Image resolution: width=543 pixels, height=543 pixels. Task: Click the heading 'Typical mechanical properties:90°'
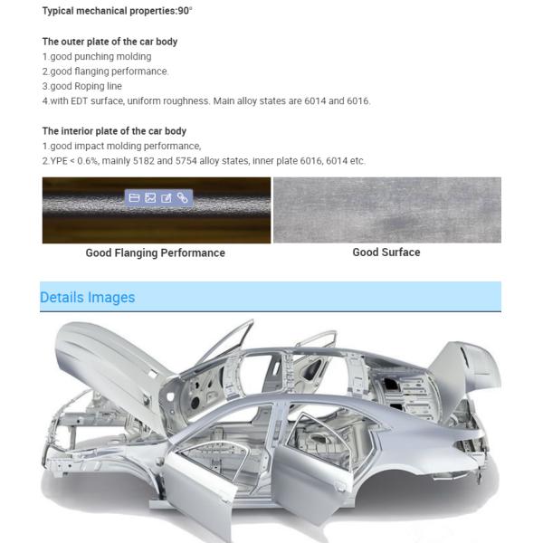(x=117, y=11)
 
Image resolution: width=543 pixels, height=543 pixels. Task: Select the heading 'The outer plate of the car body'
(x=110, y=42)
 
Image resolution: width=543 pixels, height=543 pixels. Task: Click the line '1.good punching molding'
(x=97, y=56)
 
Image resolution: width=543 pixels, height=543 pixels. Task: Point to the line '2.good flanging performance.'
(x=105, y=71)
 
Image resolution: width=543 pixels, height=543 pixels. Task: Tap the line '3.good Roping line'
(x=82, y=86)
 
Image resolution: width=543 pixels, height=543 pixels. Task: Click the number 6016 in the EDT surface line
(x=357, y=100)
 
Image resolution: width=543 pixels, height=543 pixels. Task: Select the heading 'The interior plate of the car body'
(x=114, y=131)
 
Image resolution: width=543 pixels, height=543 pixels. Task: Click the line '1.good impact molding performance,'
(x=121, y=146)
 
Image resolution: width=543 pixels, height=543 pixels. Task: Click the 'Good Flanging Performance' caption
(x=155, y=253)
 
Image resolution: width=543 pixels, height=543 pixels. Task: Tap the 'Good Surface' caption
(x=386, y=252)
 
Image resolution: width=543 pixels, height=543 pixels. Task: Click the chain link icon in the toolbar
(x=182, y=197)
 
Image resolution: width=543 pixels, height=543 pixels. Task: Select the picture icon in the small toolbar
(x=150, y=197)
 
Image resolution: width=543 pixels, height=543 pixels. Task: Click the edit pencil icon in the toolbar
(x=167, y=197)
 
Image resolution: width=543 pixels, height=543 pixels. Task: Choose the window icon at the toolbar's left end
(x=134, y=197)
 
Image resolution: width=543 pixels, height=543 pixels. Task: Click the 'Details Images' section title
(x=87, y=298)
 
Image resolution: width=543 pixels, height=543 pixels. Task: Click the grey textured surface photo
(x=386, y=210)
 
